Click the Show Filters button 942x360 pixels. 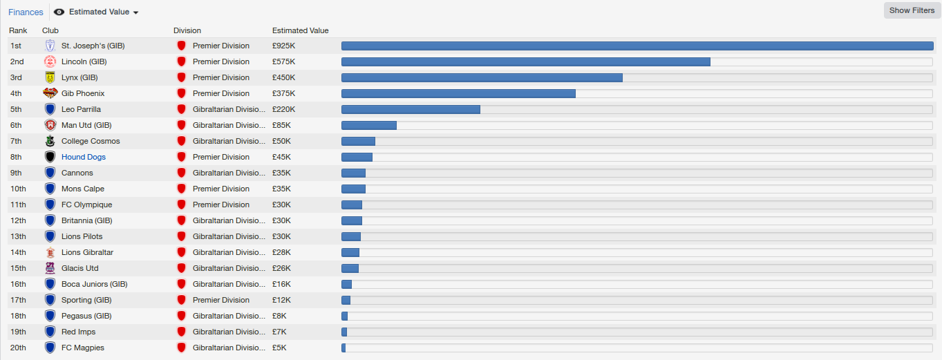[912, 10]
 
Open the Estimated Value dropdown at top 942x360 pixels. [97, 12]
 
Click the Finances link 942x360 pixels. [26, 12]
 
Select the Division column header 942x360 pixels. [187, 30]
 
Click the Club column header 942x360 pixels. [50, 30]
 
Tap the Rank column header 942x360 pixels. [18, 30]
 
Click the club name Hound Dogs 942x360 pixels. [84, 157]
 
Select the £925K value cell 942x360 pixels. [284, 46]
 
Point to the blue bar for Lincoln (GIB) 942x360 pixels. [525, 61]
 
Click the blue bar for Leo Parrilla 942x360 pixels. [411, 109]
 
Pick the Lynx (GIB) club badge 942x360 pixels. [50, 77]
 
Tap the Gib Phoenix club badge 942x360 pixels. [50, 93]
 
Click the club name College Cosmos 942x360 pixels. [91, 141]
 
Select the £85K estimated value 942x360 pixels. [282, 125]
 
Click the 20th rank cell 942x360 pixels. [17, 348]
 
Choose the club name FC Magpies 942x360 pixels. [83, 348]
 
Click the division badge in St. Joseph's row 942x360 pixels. [182, 46]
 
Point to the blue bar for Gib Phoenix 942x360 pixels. [458, 93]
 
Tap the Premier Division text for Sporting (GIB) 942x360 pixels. [221, 300]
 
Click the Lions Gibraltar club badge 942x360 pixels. [50, 252]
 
